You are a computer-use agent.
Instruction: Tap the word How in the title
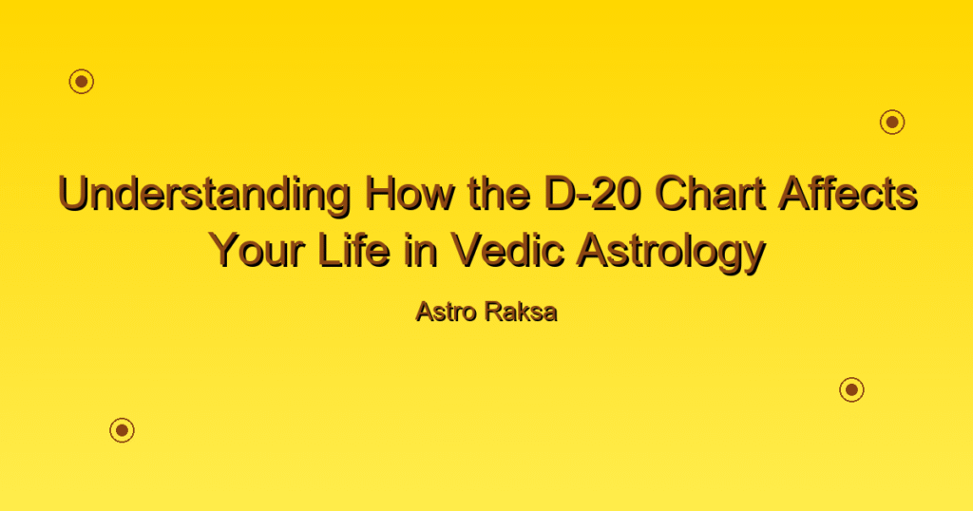pyautogui.click(x=410, y=193)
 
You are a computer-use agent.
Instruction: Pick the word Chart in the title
pyautogui.click(x=710, y=193)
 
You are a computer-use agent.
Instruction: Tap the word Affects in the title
pyautogui.click(x=848, y=193)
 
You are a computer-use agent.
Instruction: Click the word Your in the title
pyautogui.click(x=257, y=250)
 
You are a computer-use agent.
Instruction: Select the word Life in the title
pyautogui.click(x=353, y=250)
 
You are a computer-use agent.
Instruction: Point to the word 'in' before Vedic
pyautogui.click(x=421, y=250)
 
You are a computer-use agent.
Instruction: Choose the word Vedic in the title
pyautogui.click(x=507, y=250)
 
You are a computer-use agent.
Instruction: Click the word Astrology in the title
pyautogui.click(x=671, y=253)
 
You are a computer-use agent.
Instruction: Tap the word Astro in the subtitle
pyautogui.click(x=445, y=312)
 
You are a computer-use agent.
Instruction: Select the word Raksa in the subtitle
pyautogui.click(x=522, y=312)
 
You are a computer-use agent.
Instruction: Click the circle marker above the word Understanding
pyautogui.click(x=82, y=82)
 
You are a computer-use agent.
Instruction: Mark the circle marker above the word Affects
pyautogui.click(x=892, y=123)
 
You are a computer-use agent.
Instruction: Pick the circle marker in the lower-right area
pyautogui.click(x=852, y=389)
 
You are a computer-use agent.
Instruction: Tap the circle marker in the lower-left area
pyautogui.click(x=123, y=429)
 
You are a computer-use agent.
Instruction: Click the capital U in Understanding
pyautogui.click(x=73, y=194)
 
